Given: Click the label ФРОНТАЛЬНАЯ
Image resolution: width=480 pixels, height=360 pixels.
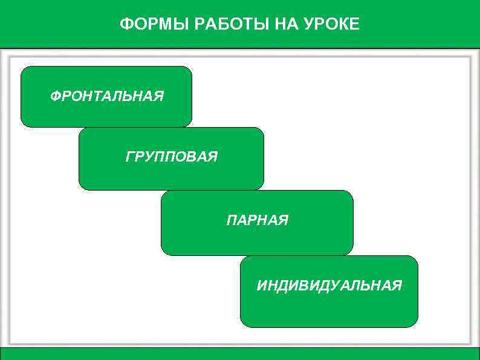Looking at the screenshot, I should (x=107, y=96).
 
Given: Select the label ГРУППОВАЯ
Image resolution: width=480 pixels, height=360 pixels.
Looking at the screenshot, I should (x=172, y=157).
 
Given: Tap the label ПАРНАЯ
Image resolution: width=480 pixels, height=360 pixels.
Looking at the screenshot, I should (x=258, y=221).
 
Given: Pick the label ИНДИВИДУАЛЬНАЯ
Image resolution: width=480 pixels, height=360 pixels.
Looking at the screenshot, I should (x=329, y=285).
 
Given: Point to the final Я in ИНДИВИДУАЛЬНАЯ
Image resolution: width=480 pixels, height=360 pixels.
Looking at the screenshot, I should (x=397, y=285).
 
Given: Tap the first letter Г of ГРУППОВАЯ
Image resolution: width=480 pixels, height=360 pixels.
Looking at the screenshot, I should (x=129, y=157).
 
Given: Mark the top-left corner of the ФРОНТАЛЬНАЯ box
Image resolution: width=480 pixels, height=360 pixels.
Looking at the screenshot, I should (x=23, y=68).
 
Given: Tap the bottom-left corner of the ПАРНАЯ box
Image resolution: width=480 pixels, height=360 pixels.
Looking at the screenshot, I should (x=163, y=253).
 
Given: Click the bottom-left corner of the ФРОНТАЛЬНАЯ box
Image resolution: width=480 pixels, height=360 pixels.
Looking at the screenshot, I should (x=23, y=125).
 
